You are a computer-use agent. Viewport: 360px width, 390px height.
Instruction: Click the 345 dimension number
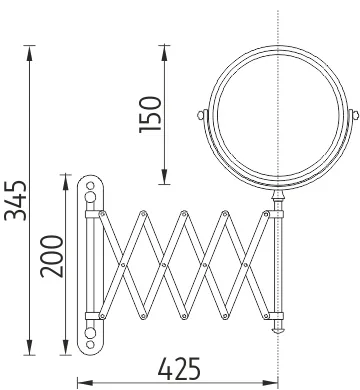click(x=15, y=200)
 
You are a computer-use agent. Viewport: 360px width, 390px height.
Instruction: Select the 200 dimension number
click(x=52, y=256)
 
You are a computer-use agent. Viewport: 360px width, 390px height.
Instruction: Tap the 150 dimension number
click(x=150, y=115)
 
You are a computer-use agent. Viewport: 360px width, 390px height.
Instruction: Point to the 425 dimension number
click(x=179, y=369)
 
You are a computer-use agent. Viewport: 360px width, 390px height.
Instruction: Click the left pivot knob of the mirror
click(x=201, y=115)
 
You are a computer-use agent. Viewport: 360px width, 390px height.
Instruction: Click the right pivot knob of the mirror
click(x=355, y=115)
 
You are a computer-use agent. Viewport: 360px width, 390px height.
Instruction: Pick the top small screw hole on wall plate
click(x=90, y=185)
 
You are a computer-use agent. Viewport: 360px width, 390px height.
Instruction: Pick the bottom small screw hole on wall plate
click(x=90, y=344)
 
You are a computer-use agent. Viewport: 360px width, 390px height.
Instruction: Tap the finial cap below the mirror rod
click(x=277, y=331)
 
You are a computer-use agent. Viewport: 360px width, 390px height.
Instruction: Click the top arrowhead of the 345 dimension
click(x=30, y=53)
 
